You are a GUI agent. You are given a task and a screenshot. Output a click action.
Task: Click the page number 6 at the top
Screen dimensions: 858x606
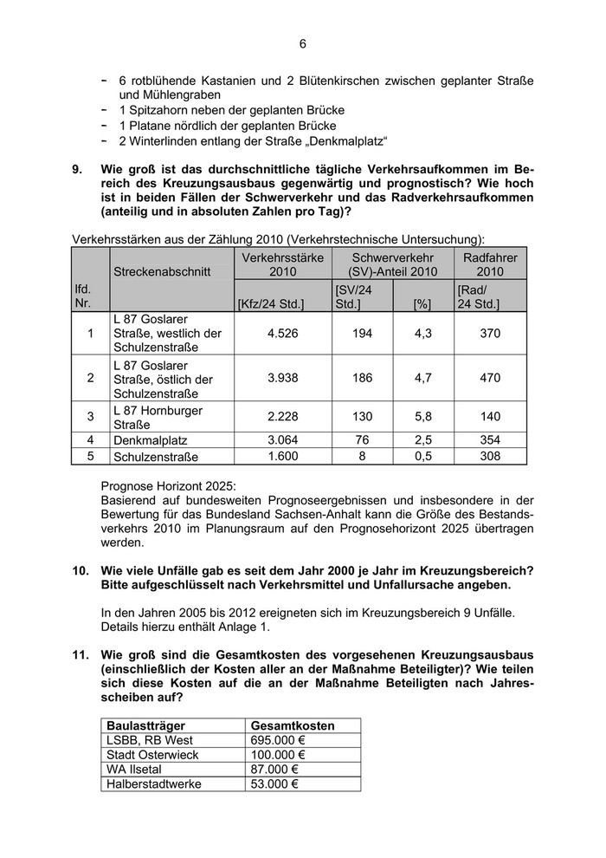coord(303,44)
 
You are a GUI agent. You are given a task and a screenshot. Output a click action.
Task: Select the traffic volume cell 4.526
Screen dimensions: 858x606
coord(283,333)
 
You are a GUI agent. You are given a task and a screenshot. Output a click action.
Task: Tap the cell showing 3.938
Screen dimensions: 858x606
coord(283,378)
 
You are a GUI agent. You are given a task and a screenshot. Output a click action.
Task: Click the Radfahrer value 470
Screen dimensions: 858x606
coord(490,378)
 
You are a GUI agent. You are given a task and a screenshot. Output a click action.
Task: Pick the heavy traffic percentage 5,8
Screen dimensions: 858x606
coord(422,416)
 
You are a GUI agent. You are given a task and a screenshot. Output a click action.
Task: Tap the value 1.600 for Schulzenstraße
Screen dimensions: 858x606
coord(283,456)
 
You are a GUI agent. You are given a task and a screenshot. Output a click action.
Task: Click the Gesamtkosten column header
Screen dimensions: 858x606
coord(292,725)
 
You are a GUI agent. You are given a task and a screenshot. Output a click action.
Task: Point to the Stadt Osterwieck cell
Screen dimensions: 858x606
coord(152,755)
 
